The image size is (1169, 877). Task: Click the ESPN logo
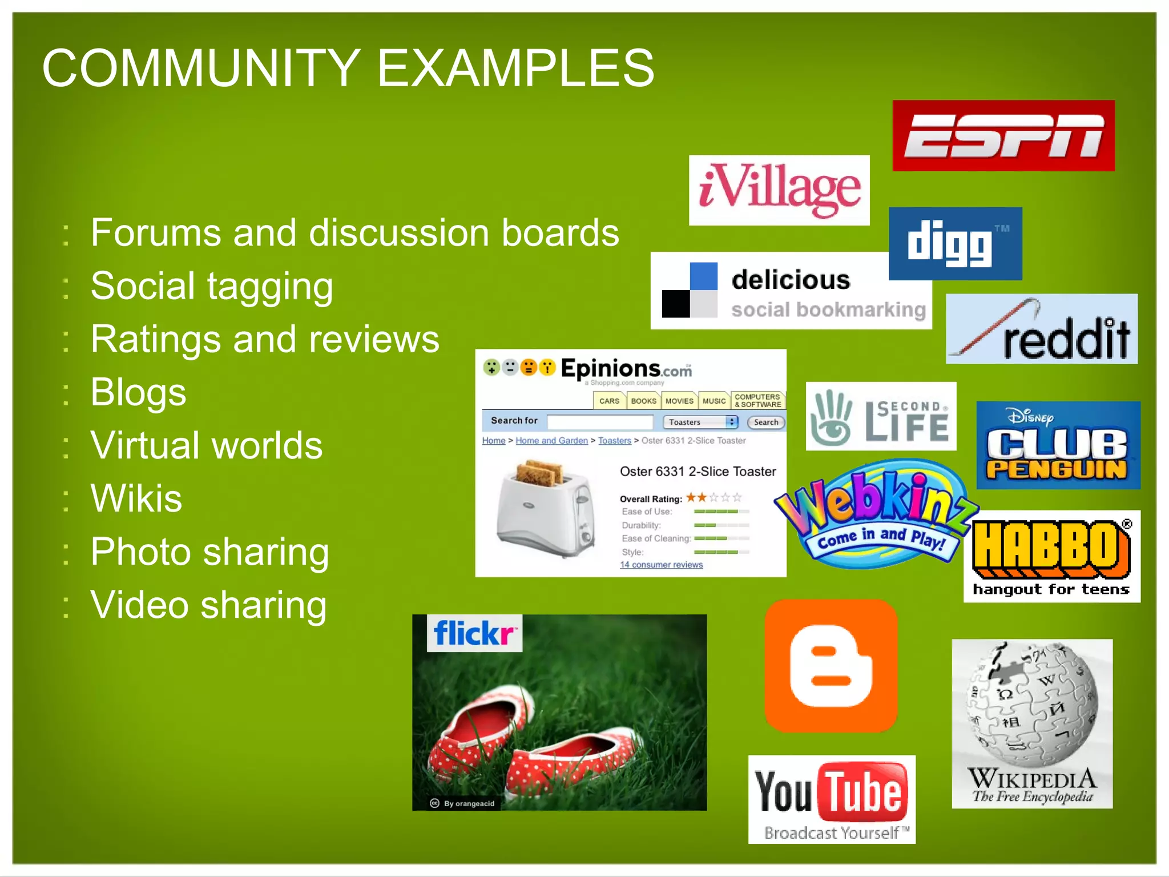[x=1003, y=136]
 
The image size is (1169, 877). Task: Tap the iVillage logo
[x=779, y=190]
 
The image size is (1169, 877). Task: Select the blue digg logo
[x=955, y=244]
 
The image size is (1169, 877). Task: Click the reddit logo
[x=1042, y=329]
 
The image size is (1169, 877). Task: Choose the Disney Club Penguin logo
[x=1058, y=445]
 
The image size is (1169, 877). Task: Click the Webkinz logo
[x=876, y=514]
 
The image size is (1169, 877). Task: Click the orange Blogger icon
[x=831, y=666]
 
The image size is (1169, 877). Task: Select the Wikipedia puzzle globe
[x=1032, y=706]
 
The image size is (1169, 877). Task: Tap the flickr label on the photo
[x=474, y=633]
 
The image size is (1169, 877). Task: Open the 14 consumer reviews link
[x=661, y=565]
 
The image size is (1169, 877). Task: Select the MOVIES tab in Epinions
[x=679, y=401]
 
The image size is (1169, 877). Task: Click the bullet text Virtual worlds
[x=207, y=445]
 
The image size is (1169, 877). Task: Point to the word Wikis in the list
[x=136, y=498]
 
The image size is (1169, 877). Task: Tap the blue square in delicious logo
[x=703, y=276]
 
